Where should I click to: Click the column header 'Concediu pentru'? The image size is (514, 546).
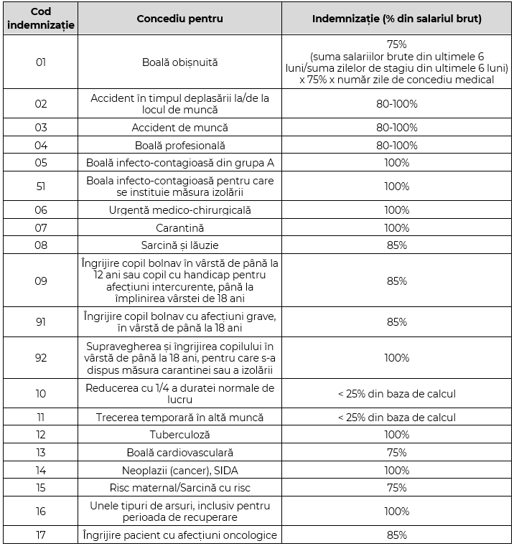179,18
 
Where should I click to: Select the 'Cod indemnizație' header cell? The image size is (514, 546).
40,18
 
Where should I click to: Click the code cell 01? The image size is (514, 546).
40,62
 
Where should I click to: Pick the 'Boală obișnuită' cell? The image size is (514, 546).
179,62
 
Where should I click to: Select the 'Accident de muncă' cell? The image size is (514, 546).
179,127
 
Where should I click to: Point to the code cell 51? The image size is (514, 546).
40,187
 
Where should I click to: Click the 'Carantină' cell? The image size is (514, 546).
179,228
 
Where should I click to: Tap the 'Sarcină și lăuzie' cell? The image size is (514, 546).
179,245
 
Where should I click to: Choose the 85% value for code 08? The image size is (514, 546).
396,245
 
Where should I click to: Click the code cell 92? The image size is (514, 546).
40,357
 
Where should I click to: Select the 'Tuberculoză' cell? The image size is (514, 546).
179,435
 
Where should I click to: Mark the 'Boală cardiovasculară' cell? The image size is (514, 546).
179,453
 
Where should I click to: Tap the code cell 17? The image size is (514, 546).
40,535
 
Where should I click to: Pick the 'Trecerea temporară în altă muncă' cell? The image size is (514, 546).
179,417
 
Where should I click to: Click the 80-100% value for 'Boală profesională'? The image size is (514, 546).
396,145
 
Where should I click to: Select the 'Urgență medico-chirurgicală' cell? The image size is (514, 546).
179,210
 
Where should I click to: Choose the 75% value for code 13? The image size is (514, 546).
396,453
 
